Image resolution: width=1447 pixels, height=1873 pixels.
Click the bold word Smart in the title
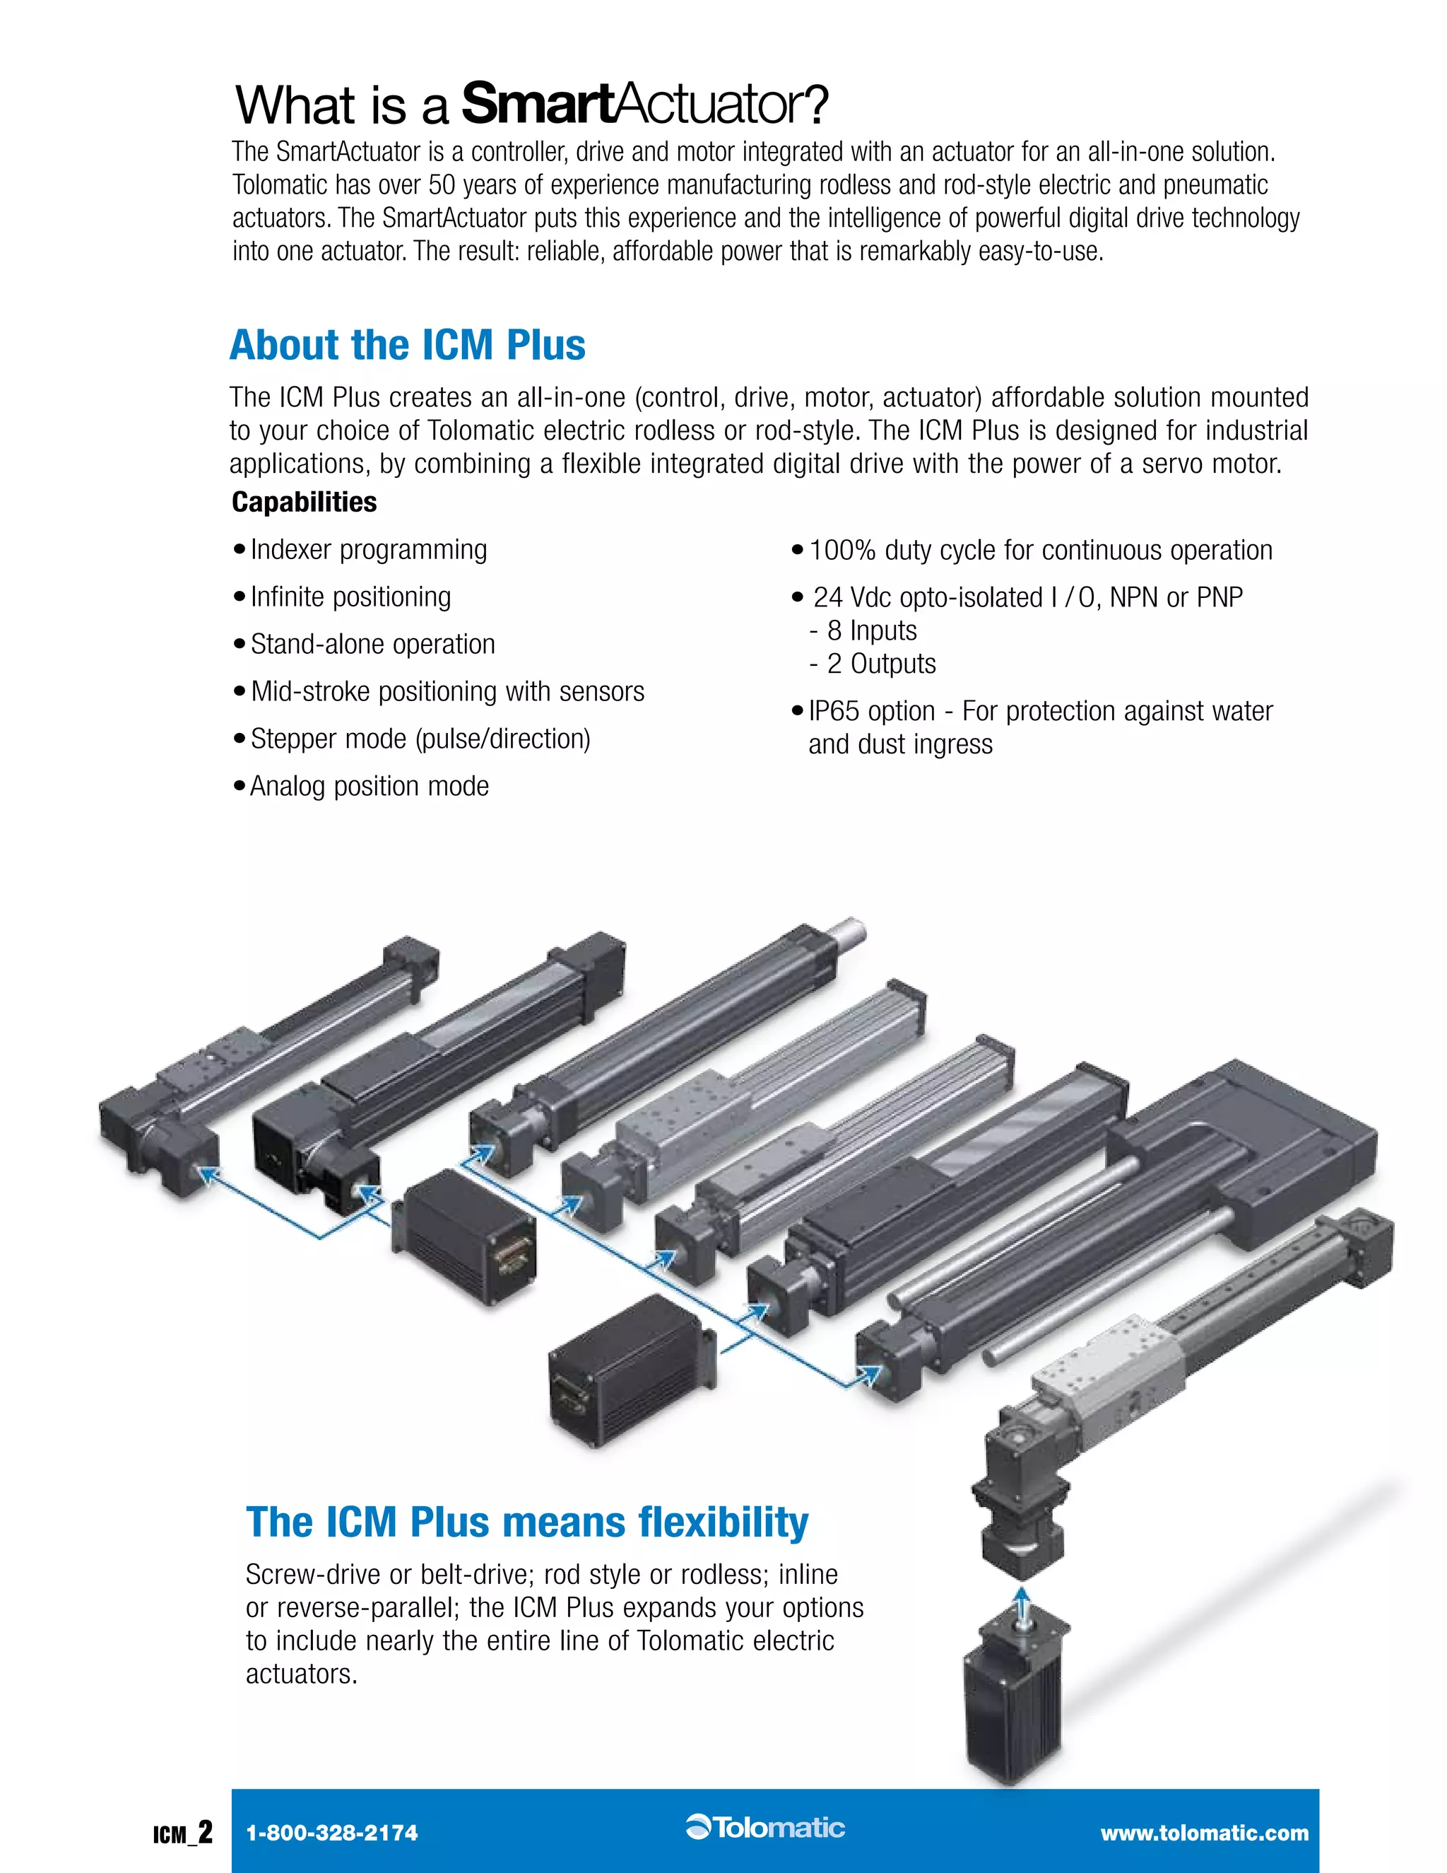538,105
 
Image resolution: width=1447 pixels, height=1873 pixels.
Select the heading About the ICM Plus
407,345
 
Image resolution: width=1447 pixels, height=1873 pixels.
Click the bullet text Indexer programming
369,550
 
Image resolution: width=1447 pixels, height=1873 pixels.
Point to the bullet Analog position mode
369,787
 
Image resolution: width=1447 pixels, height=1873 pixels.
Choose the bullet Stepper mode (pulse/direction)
420,739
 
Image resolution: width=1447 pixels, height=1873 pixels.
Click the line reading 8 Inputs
871,631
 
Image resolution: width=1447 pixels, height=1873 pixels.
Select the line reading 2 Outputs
880,664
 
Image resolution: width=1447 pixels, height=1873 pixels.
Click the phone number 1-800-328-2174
332,1833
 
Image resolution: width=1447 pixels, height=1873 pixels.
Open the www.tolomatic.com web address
1205,1833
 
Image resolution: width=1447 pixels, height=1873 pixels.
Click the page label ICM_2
182,1833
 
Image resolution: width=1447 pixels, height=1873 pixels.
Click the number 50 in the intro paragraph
442,185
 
